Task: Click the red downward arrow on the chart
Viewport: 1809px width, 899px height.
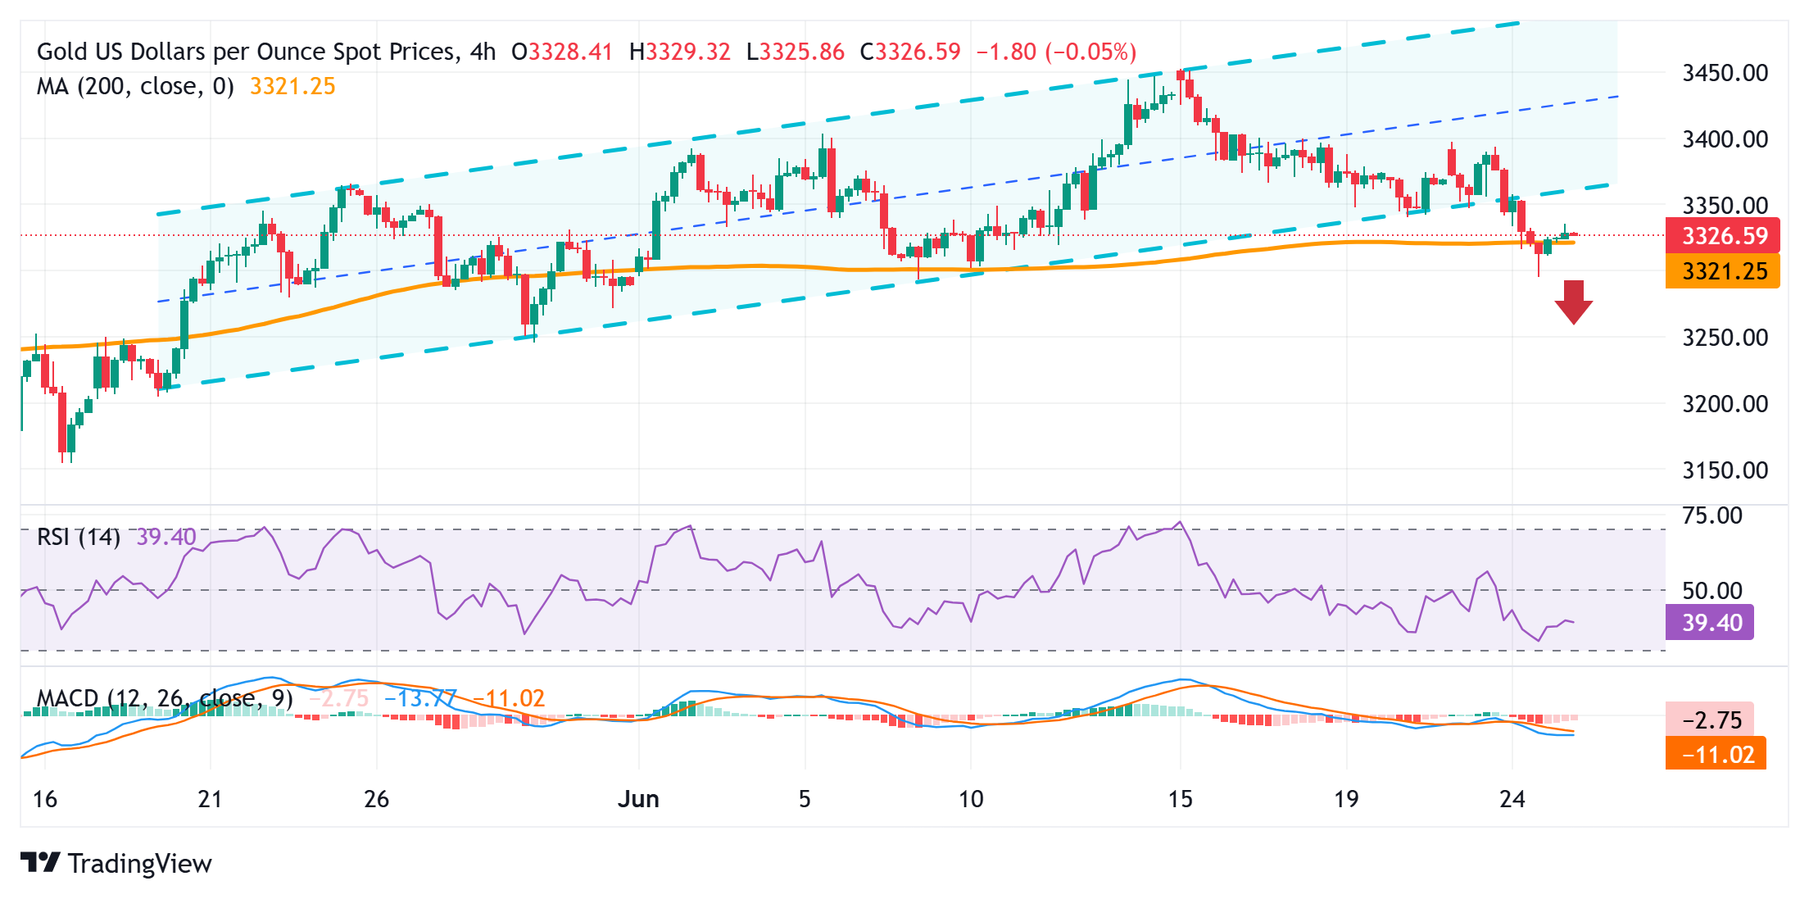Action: pos(1573,302)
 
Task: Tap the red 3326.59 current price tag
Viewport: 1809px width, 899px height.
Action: pos(1723,236)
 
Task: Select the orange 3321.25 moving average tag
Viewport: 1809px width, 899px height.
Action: pos(1723,271)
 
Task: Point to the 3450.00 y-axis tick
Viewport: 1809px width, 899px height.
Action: pos(1725,73)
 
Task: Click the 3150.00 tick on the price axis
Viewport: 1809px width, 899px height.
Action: pos(1725,470)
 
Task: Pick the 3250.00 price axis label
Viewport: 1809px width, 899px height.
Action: pos(1725,338)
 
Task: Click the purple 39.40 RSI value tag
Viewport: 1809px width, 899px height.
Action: pos(1711,623)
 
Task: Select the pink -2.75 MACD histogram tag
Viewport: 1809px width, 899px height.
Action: pos(1711,720)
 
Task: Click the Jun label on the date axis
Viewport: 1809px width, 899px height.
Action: pos(638,799)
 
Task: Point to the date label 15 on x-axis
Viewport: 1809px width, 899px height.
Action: pos(1180,799)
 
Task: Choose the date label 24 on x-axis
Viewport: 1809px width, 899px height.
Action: pos(1512,799)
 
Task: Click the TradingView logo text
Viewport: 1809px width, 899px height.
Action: pos(139,864)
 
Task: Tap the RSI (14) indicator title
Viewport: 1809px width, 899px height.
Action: pos(79,538)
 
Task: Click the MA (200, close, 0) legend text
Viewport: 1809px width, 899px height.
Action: pos(135,86)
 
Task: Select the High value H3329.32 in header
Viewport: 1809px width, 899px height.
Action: pos(679,52)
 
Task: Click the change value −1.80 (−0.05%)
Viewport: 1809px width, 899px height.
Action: pos(1055,52)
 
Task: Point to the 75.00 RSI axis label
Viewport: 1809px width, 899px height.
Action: pos(1712,515)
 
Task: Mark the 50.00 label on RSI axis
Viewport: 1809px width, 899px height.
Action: pos(1712,591)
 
